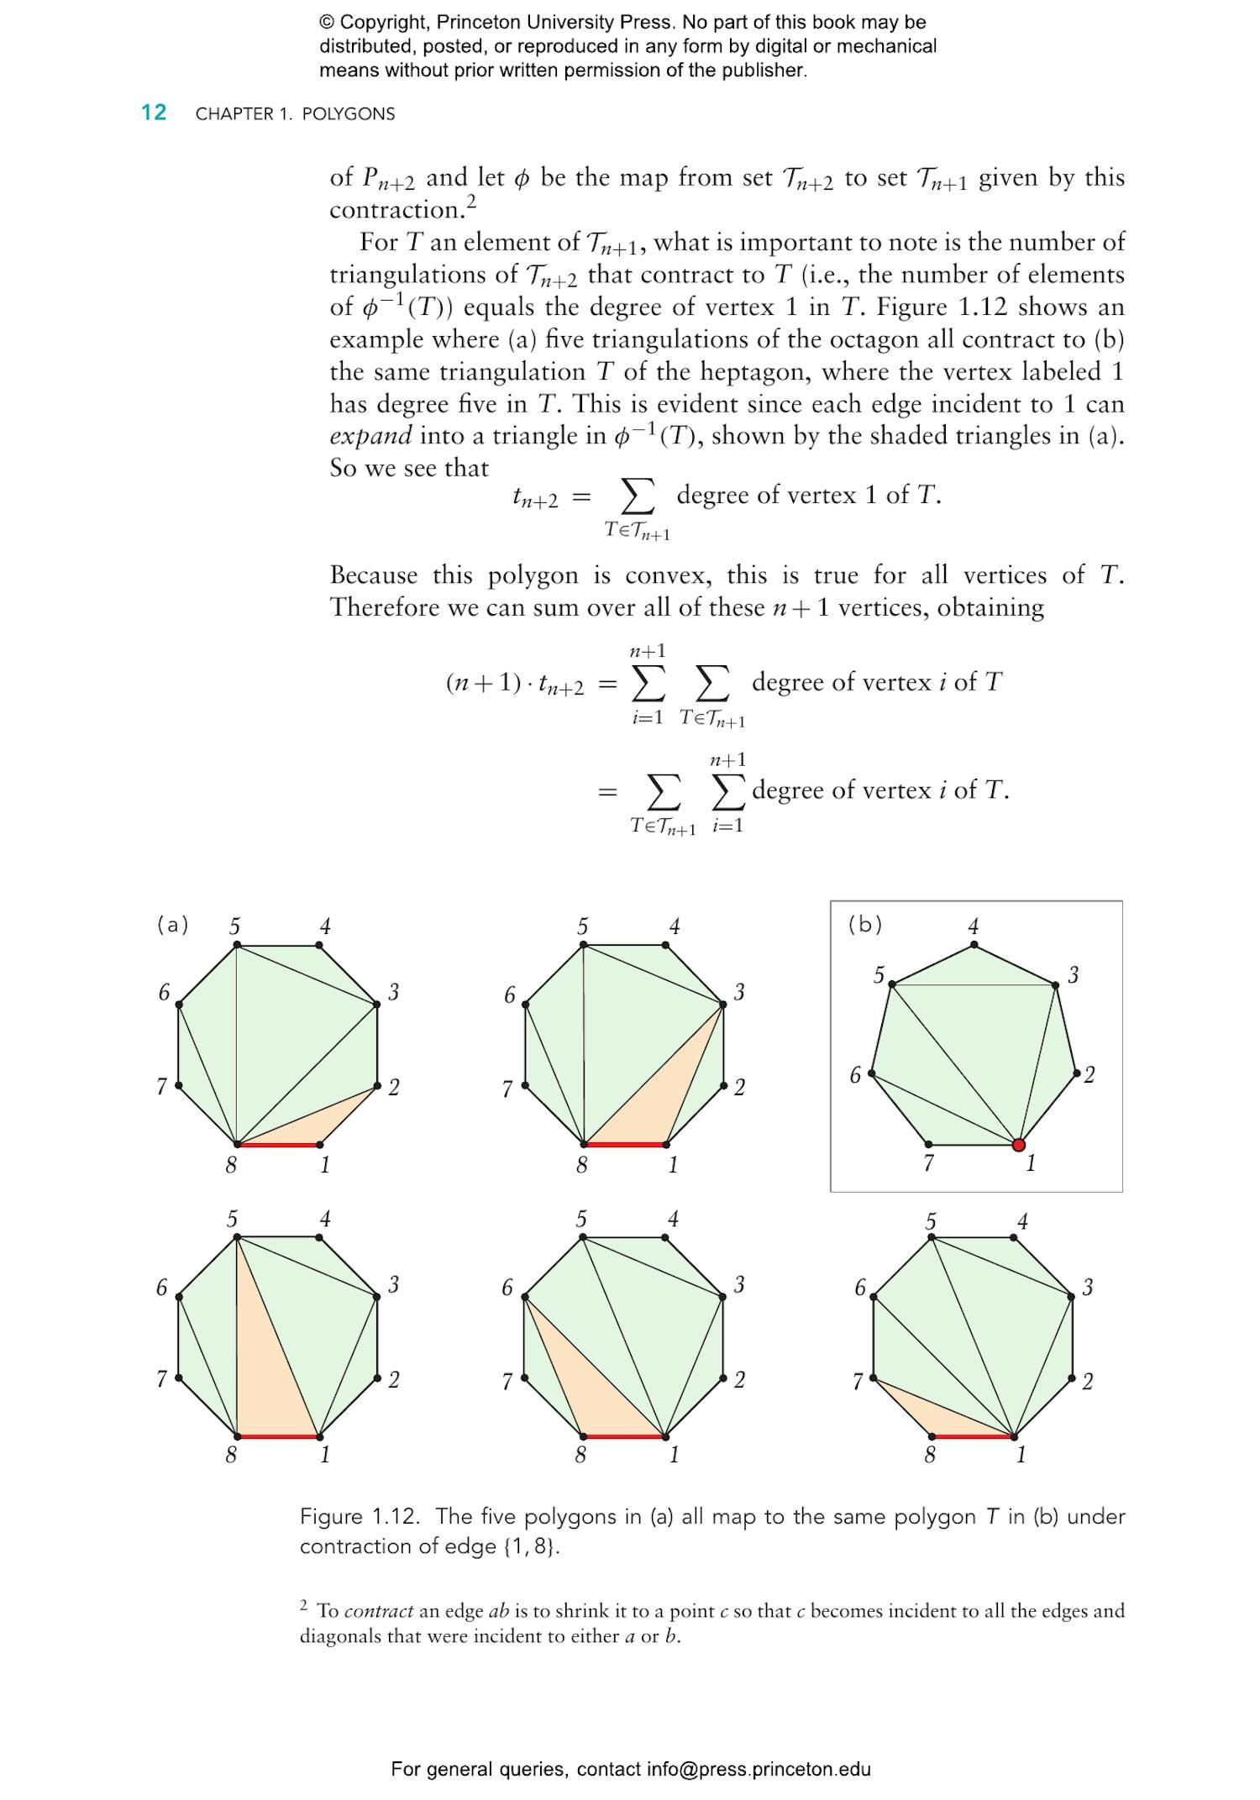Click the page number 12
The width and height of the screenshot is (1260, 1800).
coord(154,113)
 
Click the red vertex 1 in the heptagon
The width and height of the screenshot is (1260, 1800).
coord(1019,1145)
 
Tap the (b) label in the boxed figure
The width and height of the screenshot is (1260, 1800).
coord(864,925)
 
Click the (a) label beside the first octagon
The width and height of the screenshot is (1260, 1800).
coord(172,925)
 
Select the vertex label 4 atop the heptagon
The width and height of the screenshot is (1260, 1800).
coord(974,926)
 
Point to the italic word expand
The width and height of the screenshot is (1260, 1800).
coord(370,436)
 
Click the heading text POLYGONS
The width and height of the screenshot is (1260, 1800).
coord(348,114)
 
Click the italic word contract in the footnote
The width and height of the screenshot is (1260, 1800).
coord(379,1611)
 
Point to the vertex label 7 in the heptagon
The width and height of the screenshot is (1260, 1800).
coord(928,1163)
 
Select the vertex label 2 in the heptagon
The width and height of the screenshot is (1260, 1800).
coord(1089,1074)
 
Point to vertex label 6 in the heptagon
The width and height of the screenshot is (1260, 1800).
coord(855,1074)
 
